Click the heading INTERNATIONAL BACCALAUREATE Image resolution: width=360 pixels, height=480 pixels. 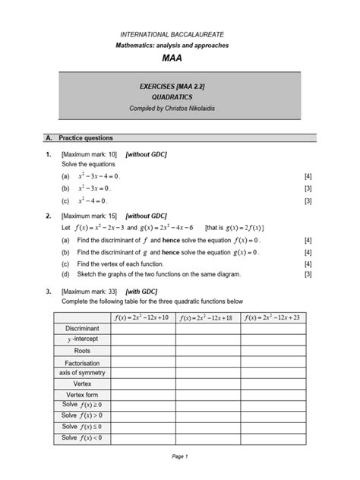click(179, 35)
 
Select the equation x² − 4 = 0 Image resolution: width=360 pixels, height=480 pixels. click(93, 201)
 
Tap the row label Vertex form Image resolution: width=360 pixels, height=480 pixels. click(81, 396)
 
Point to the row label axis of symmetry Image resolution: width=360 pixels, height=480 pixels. click(81, 373)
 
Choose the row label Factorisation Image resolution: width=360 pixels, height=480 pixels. click(81, 364)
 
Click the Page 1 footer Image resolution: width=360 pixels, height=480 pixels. click(179, 456)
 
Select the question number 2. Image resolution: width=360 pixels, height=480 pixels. click(48, 216)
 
